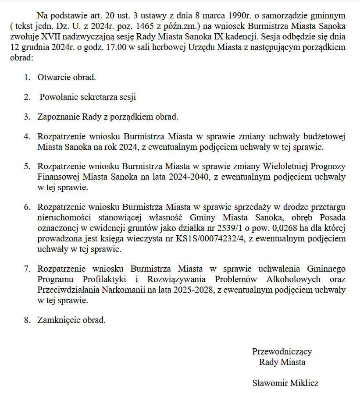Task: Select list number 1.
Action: tap(27, 78)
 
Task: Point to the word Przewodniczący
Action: tap(282, 351)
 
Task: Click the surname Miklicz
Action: tap(304, 383)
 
